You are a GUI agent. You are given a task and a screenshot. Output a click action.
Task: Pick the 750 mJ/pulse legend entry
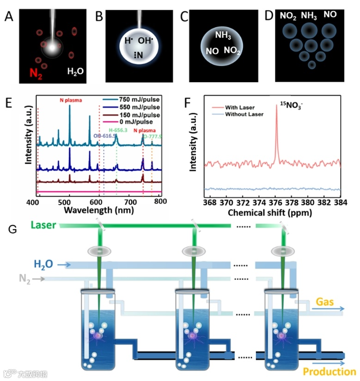click(138, 99)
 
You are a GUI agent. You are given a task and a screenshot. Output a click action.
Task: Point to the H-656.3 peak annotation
click(120, 131)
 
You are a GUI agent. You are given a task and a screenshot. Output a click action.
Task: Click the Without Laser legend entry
click(244, 114)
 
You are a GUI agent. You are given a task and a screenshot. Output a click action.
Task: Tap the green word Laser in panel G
click(43, 225)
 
